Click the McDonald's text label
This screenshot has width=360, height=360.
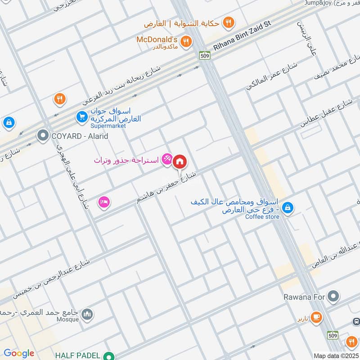pyautogui.click(x=158, y=39)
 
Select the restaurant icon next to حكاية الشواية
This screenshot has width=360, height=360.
pyautogui.click(x=229, y=22)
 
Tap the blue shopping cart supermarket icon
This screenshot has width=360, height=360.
pyautogui.click(x=81, y=117)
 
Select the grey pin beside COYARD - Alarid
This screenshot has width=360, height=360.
pyautogui.click(x=43, y=135)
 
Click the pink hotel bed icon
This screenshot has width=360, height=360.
pyautogui.click(x=104, y=202)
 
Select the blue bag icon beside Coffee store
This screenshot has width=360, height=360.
pyautogui.click(x=289, y=208)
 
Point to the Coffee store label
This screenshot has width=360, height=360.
pyautogui.click(x=262, y=217)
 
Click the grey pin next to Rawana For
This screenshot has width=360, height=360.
pyautogui.click(x=333, y=296)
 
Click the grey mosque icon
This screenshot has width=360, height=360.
pyautogui.click(x=87, y=314)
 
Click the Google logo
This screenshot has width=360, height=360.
pyautogui.click(x=18, y=353)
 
